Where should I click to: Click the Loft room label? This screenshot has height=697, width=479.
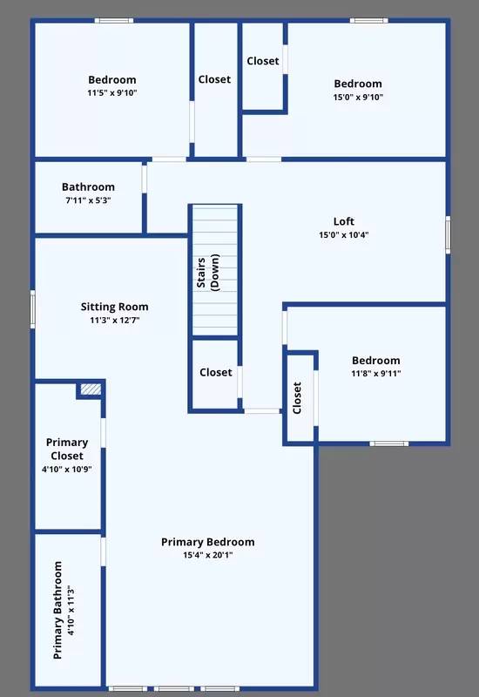click(x=344, y=221)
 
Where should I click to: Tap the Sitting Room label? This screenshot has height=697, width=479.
click(x=114, y=307)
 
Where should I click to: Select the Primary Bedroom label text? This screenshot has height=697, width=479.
click(x=207, y=542)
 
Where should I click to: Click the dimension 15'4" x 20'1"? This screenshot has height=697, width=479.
click(x=207, y=555)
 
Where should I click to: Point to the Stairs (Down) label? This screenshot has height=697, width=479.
click(x=206, y=272)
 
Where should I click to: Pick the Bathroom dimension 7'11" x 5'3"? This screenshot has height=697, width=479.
click(x=87, y=200)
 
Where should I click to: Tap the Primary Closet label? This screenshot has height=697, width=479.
click(x=67, y=450)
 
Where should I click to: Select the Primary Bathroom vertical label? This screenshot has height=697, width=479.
click(x=59, y=609)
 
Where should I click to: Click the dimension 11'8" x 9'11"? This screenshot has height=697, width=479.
click(x=375, y=374)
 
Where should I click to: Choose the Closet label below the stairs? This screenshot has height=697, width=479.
click(x=215, y=372)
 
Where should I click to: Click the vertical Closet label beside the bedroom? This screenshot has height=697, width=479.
click(x=297, y=397)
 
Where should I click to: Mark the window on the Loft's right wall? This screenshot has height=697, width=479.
click(x=448, y=234)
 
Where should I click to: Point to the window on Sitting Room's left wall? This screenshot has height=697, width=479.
click(x=33, y=308)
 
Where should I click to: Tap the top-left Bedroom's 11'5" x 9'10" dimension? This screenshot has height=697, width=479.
click(x=112, y=93)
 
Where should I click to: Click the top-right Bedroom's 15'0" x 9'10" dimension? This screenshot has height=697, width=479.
click(x=357, y=97)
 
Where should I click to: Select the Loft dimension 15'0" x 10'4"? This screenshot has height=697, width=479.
click(x=344, y=234)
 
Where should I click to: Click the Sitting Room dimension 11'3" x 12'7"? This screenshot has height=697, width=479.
click(x=114, y=320)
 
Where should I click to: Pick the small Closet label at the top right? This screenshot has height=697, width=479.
click(x=262, y=61)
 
